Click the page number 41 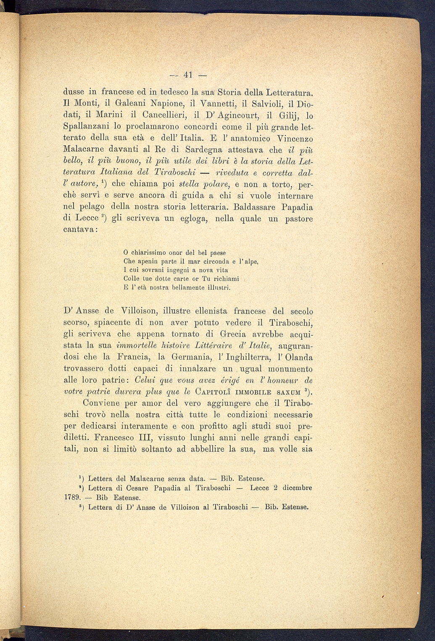tap(187, 75)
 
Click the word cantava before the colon tap(79, 230)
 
